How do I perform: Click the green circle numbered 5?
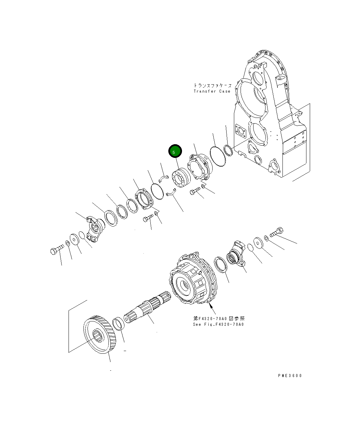tap(175, 152)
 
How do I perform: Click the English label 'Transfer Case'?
tap(212, 91)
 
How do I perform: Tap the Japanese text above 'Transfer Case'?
tap(212, 86)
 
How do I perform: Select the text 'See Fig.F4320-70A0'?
tap(218, 324)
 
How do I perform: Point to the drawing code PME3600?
tap(290, 375)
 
